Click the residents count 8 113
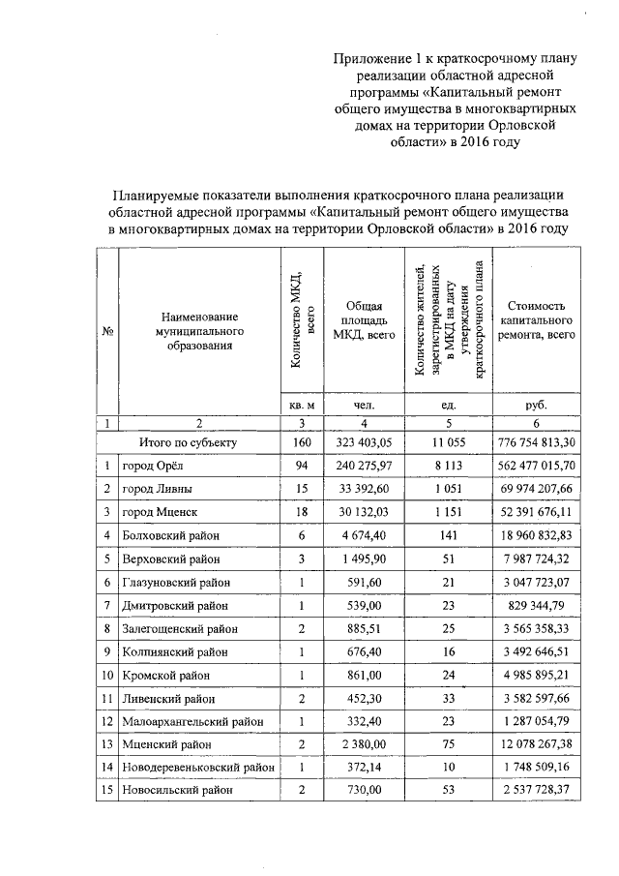(x=446, y=466)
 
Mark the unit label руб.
(x=535, y=405)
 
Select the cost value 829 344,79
(x=535, y=604)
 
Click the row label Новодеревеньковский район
(x=197, y=767)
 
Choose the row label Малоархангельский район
(x=192, y=720)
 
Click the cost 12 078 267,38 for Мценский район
(x=535, y=743)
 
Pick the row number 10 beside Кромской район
(x=106, y=674)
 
